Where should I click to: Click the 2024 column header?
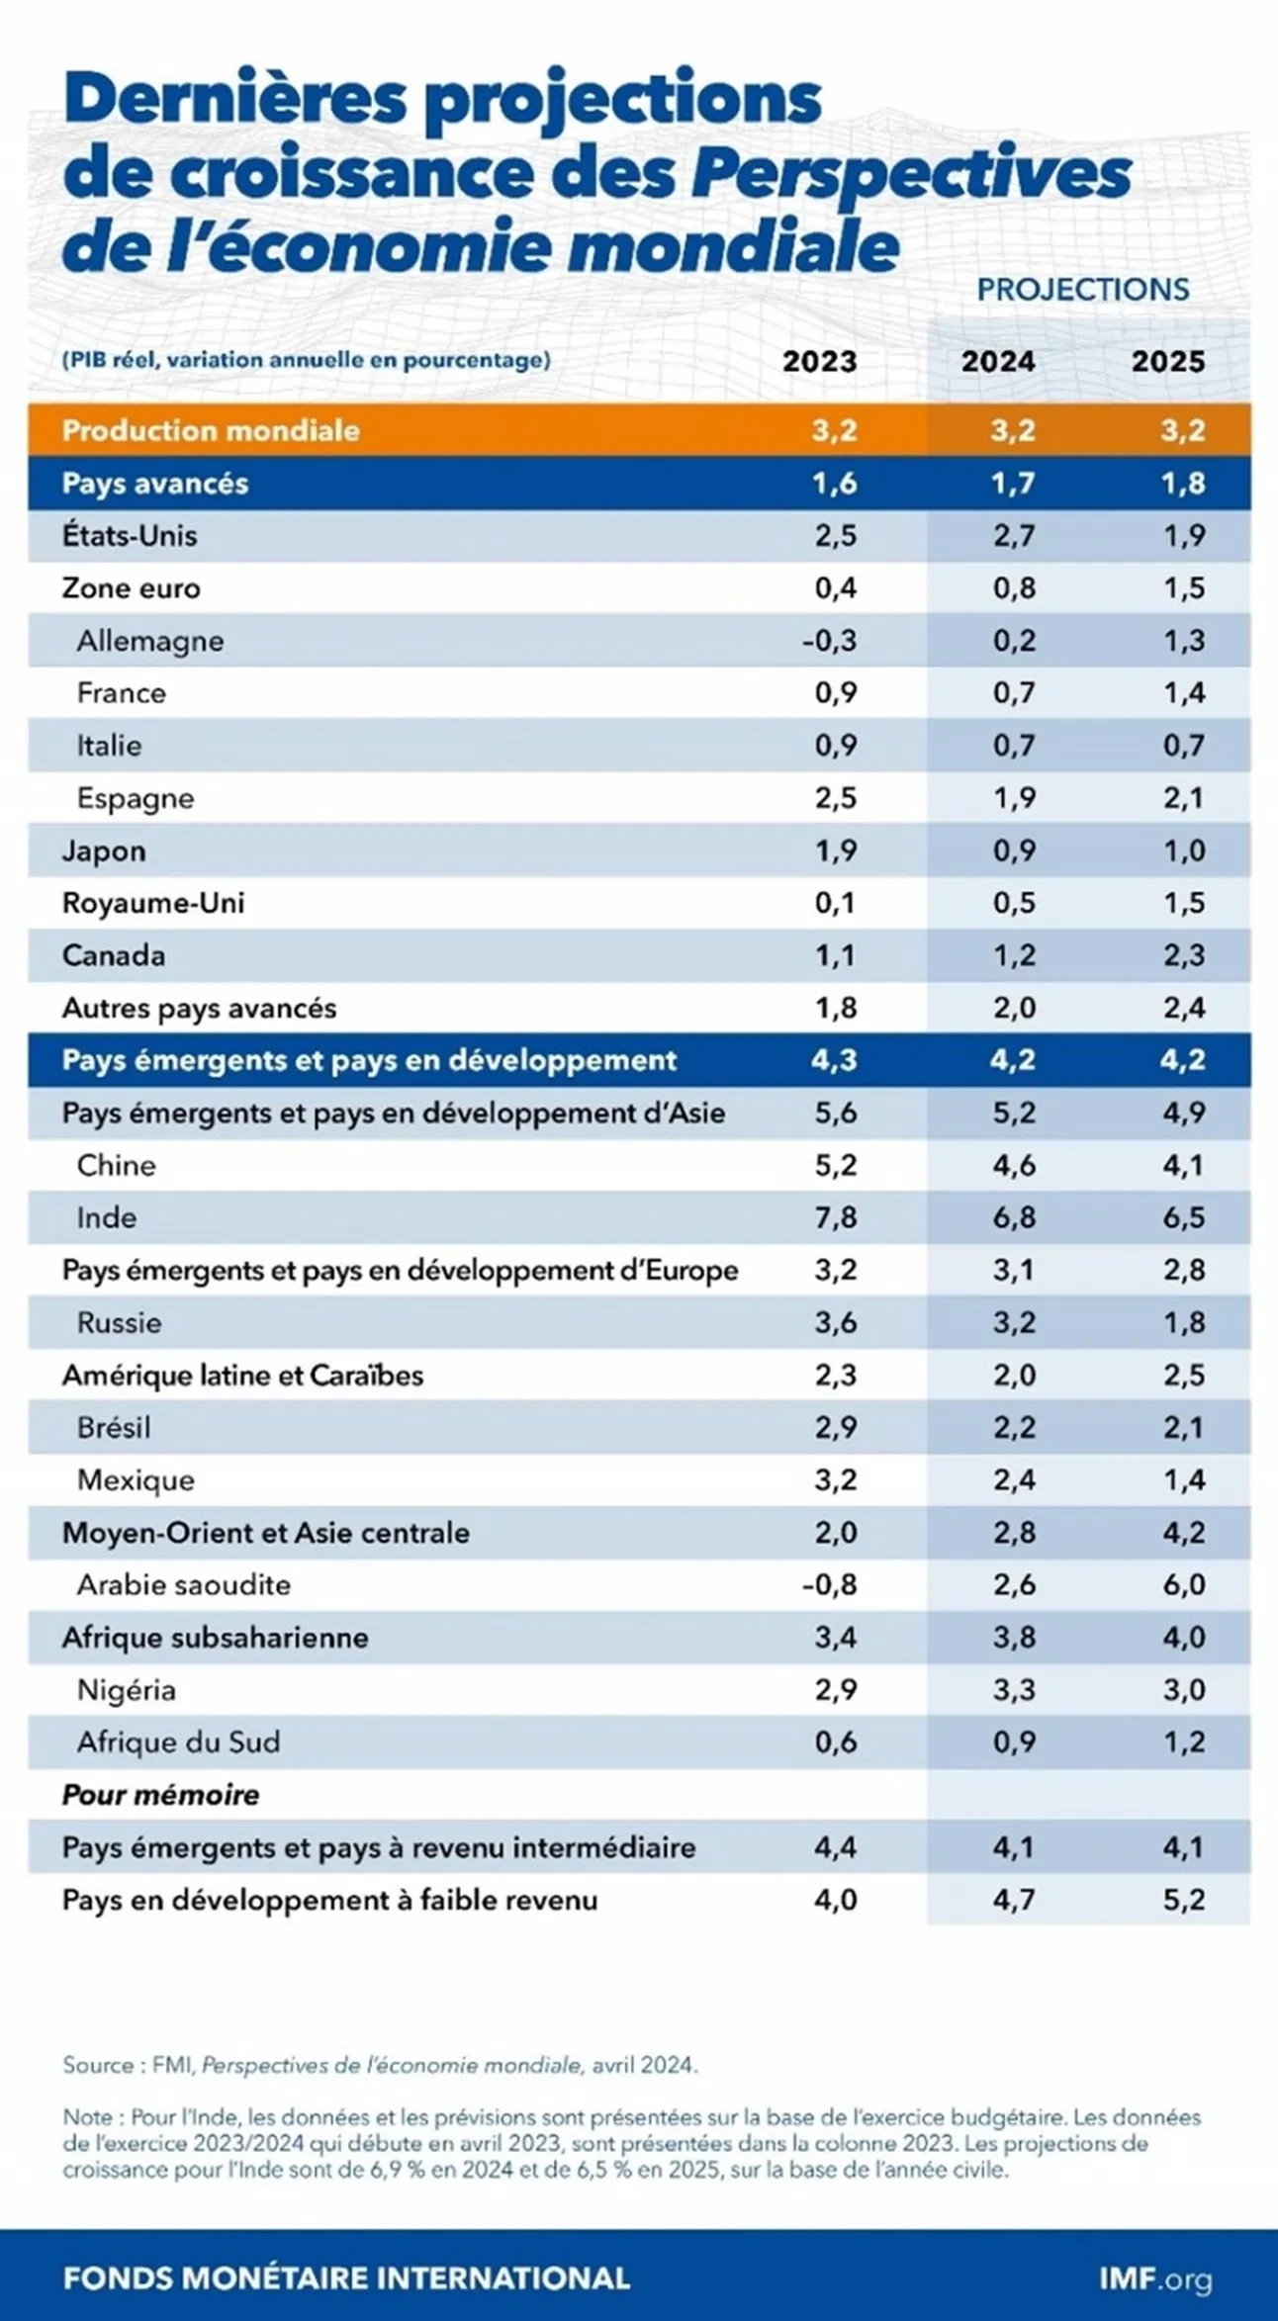998,361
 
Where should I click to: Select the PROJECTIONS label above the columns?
1083,289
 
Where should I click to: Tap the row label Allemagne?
150,641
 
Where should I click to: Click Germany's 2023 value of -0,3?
829,641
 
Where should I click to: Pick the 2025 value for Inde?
1184,1217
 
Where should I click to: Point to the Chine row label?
117,1165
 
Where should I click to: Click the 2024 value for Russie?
1014,1322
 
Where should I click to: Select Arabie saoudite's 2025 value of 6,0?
1184,1585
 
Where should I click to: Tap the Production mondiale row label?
211,431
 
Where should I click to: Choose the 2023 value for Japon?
836,850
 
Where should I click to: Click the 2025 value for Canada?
1184,955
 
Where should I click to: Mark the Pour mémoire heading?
160,1795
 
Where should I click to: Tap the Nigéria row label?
127,1690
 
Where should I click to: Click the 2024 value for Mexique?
1014,1480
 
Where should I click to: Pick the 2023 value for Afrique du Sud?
836,1742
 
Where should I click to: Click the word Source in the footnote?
98,2065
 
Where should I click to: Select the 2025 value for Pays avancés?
1184,484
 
